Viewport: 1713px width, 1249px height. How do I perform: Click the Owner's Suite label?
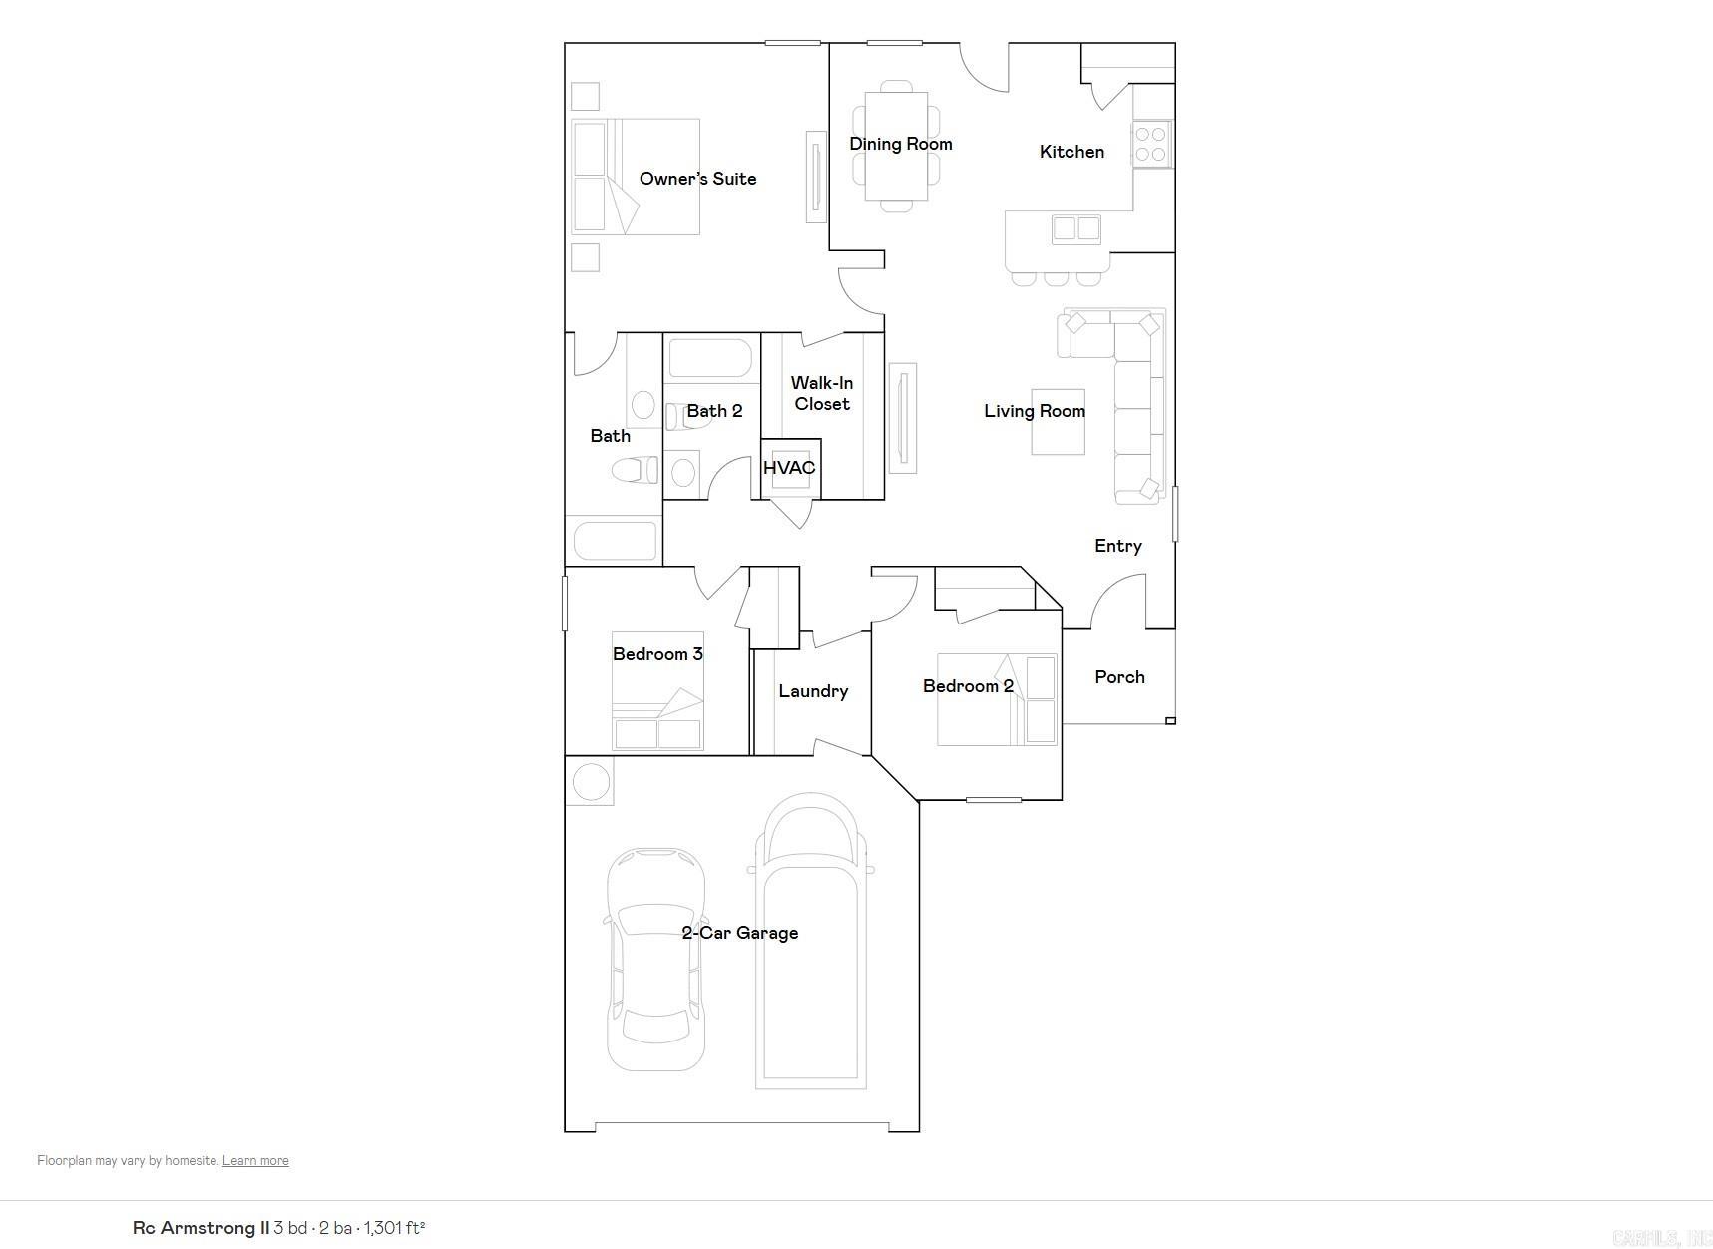coord(697,179)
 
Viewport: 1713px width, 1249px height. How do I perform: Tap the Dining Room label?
coord(900,144)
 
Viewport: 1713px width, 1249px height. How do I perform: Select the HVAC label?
coord(789,468)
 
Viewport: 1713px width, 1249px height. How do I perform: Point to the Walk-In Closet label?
coord(822,393)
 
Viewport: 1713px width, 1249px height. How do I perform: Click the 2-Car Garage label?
coord(739,933)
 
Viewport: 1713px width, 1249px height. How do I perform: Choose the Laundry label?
coord(813,691)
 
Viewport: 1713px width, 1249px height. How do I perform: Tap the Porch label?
coord(1119,677)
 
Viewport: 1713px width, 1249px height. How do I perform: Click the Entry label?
coord(1117,546)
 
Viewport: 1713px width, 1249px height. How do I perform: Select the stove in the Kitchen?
coord(1151,144)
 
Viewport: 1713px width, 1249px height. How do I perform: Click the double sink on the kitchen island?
coord(1076,229)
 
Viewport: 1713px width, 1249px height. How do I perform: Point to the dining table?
coord(896,146)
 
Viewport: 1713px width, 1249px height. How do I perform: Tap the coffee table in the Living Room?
coord(1058,422)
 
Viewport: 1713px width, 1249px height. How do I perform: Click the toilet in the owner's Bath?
coord(635,470)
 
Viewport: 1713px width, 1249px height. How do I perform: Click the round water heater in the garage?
coord(590,782)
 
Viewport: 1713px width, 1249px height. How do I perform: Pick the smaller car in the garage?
coord(655,959)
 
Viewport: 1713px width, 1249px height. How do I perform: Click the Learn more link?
coord(255,1161)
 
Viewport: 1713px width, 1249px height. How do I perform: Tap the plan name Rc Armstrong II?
coord(201,1228)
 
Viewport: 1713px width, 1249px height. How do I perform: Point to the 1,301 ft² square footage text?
coord(394,1228)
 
